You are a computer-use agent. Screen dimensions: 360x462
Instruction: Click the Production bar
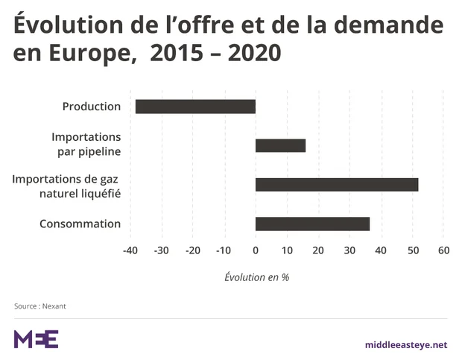[x=195, y=107]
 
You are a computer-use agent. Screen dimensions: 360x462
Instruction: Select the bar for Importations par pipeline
[x=280, y=145]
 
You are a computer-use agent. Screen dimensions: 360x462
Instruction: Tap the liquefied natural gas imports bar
[x=337, y=185]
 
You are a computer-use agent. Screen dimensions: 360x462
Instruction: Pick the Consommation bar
[x=312, y=224]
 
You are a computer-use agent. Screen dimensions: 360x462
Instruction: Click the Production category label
[x=92, y=107]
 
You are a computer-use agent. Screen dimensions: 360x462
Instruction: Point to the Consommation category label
[x=80, y=224]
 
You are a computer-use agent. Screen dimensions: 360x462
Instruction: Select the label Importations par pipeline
[x=86, y=145]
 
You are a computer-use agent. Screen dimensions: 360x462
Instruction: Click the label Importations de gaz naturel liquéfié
[x=67, y=186]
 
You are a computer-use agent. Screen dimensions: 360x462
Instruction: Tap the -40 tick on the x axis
[x=130, y=250]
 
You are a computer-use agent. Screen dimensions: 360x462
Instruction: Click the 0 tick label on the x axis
[x=256, y=250]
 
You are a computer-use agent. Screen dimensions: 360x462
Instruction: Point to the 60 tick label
[x=443, y=250]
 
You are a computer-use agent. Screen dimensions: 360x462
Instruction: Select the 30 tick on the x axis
[x=349, y=250]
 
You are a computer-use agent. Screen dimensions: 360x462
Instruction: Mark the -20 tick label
[x=193, y=250]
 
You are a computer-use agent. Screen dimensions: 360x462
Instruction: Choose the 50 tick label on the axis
[x=412, y=250]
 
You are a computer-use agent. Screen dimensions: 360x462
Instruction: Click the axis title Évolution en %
[x=256, y=277]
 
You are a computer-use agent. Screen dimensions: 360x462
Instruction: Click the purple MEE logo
[x=36, y=339]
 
